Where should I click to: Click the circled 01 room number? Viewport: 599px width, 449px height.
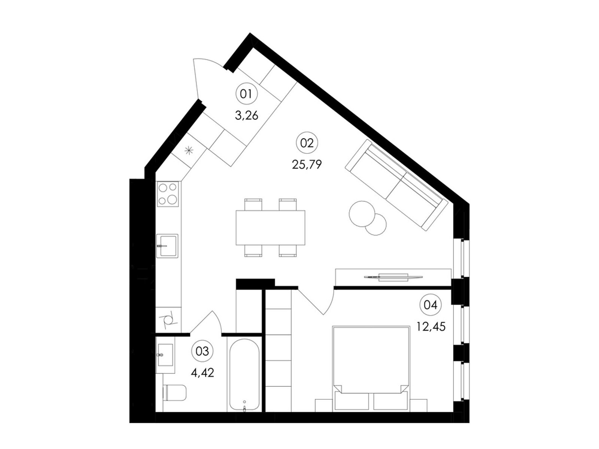[x=246, y=94]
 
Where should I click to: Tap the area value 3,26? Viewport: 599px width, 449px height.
[x=246, y=116]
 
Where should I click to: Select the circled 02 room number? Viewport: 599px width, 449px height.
[x=307, y=143]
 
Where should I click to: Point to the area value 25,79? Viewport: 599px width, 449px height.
[x=307, y=164]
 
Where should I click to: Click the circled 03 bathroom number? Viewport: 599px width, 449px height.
[x=202, y=351]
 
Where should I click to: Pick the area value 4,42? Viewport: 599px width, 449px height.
[x=202, y=373]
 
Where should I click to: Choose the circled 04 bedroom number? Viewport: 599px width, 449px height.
[x=431, y=305]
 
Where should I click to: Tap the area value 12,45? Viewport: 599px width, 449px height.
[x=431, y=326]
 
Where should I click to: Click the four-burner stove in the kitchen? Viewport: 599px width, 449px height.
[x=168, y=194]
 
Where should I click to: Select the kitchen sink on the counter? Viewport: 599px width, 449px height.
[x=167, y=246]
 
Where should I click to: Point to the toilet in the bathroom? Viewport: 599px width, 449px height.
[x=175, y=393]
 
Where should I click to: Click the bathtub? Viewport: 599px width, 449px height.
[x=244, y=375]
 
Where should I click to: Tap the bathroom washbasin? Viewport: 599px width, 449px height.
[x=165, y=355]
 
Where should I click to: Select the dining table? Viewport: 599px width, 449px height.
[x=270, y=227]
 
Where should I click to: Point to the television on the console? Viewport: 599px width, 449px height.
[x=393, y=277]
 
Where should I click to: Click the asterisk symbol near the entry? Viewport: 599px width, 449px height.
[x=189, y=150]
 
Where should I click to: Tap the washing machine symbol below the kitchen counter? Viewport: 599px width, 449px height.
[x=167, y=320]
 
